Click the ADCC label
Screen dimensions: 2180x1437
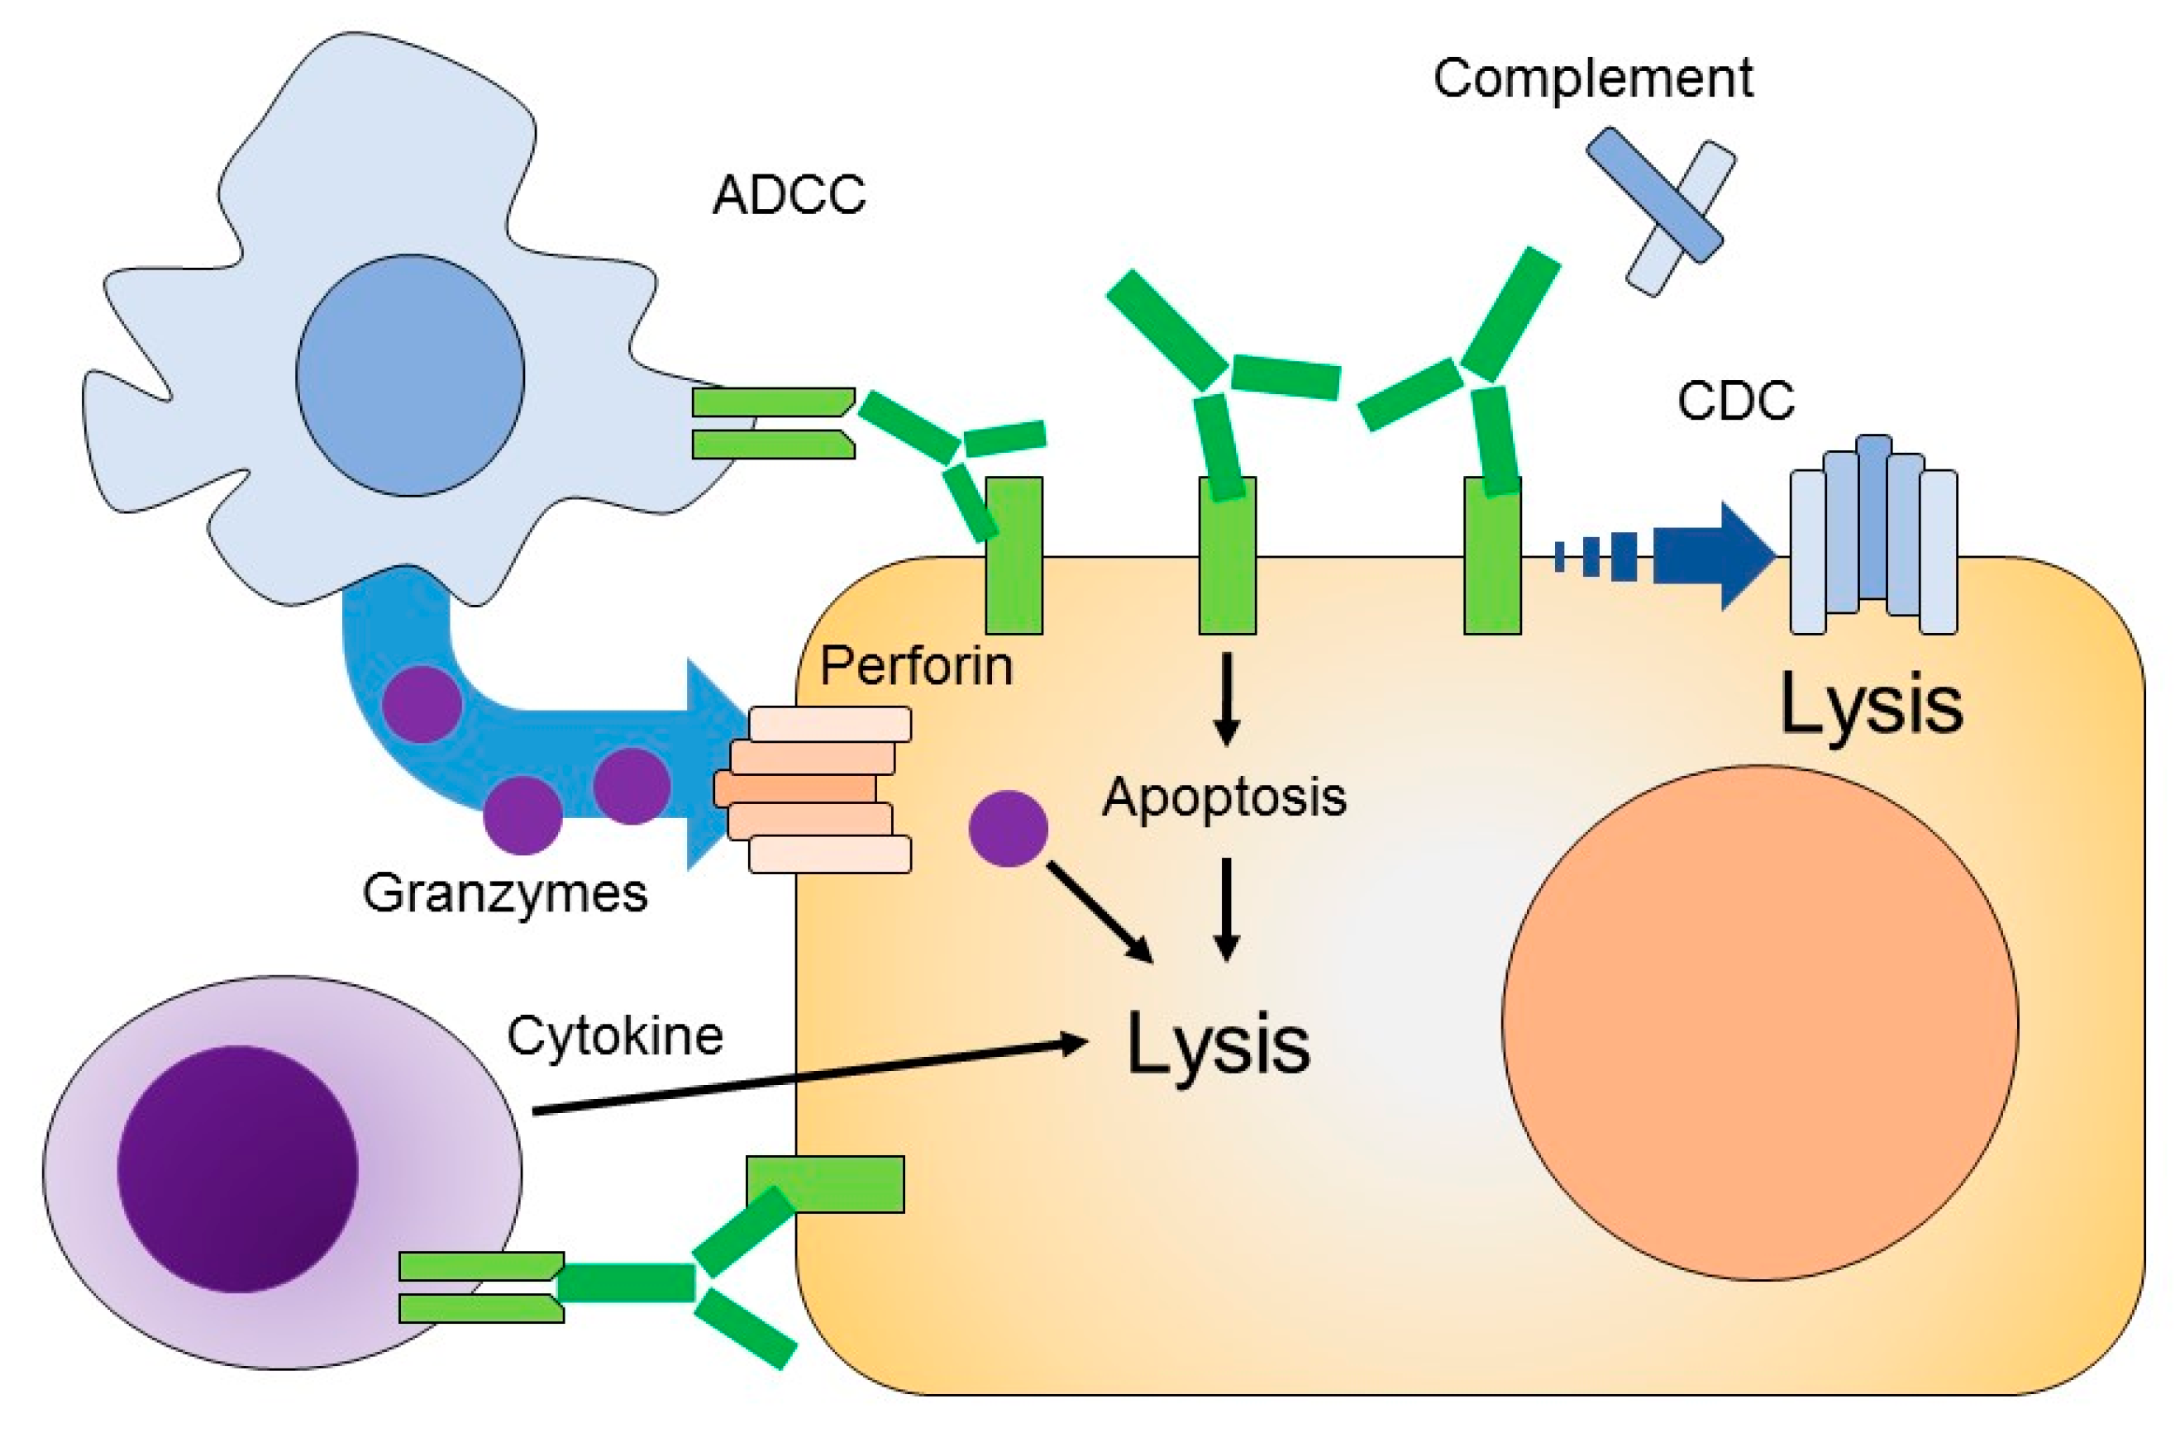pyautogui.click(x=789, y=194)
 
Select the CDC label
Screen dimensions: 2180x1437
pyautogui.click(x=1735, y=401)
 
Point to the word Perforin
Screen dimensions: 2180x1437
pyautogui.click(x=916, y=665)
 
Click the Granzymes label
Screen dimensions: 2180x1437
pyautogui.click(x=505, y=892)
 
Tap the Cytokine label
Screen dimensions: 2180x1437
pyautogui.click(x=615, y=1035)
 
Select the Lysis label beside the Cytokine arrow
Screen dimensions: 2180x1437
pyautogui.click(x=1219, y=1045)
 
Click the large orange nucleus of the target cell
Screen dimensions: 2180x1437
pyautogui.click(x=1759, y=1022)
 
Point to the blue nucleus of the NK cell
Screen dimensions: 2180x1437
pyautogui.click(x=410, y=375)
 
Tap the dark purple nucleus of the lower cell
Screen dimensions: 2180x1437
pyautogui.click(x=237, y=1169)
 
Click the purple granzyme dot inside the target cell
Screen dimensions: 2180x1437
pyautogui.click(x=1009, y=829)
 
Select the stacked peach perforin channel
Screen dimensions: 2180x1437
pyautogui.click(x=812, y=789)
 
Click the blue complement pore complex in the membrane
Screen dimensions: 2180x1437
pyautogui.click(x=1874, y=535)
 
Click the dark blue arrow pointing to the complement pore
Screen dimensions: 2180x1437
pyautogui.click(x=1666, y=555)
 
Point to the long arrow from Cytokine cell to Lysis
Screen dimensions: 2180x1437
pyautogui.click(x=810, y=1077)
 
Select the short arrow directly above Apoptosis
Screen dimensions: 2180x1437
pyautogui.click(x=1227, y=698)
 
